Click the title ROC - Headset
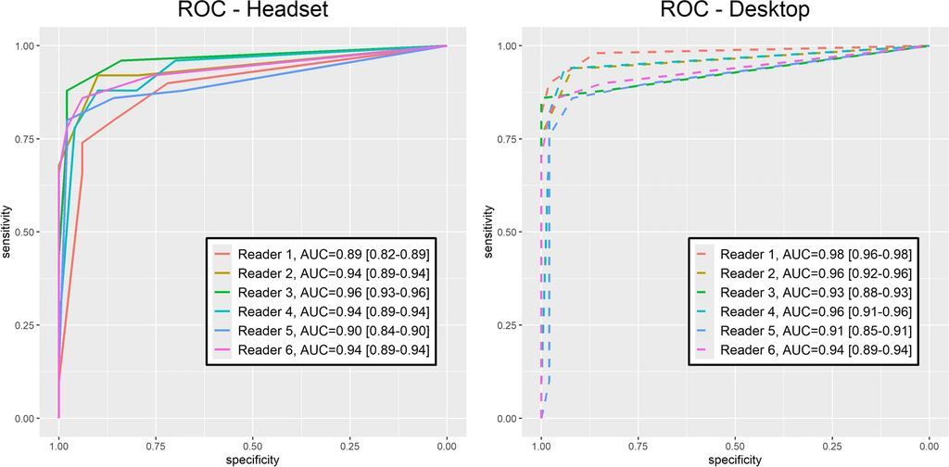[251, 14]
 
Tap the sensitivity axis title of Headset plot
[7, 232]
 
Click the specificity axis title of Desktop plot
[735, 459]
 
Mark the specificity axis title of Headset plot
[253, 459]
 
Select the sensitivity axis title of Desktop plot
[490, 232]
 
